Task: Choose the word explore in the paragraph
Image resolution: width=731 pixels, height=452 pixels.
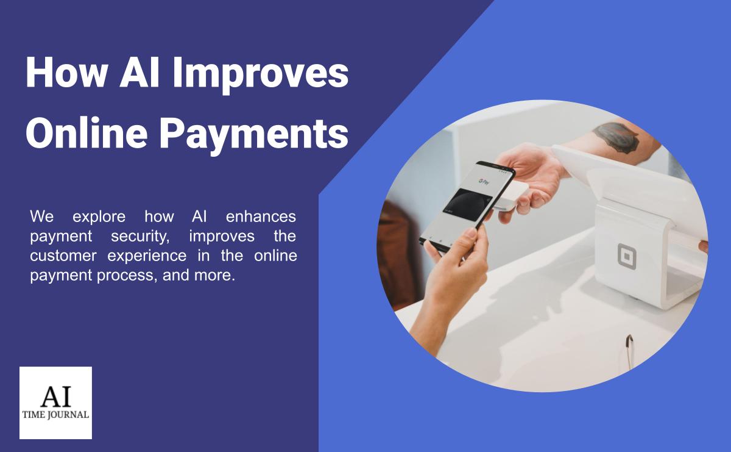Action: pos(99,216)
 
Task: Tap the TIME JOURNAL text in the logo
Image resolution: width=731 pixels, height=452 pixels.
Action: pos(55,415)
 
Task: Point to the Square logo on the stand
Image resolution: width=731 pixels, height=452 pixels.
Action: pos(627,256)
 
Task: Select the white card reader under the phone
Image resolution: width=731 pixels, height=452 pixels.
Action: pos(515,196)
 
